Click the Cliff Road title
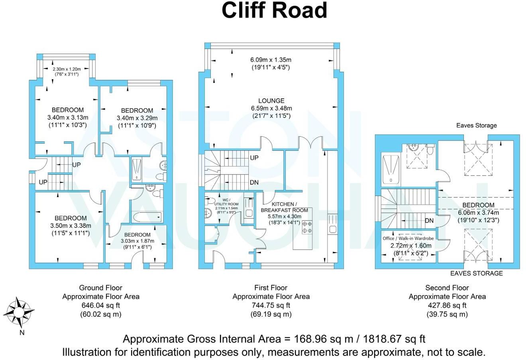coord(274,11)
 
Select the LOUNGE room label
coord(271,101)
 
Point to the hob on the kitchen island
coord(307,227)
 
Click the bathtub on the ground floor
coord(147,217)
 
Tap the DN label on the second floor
coord(429,221)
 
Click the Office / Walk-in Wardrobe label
coord(408,238)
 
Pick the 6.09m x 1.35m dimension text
coord(271,60)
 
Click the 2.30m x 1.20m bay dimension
coord(66,69)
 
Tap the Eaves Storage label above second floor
coord(477,125)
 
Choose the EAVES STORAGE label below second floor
coord(476,273)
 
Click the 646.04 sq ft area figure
coord(100,305)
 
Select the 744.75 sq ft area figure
coord(271,305)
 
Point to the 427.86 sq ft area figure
coord(447,305)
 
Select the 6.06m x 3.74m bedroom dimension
coord(478,212)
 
